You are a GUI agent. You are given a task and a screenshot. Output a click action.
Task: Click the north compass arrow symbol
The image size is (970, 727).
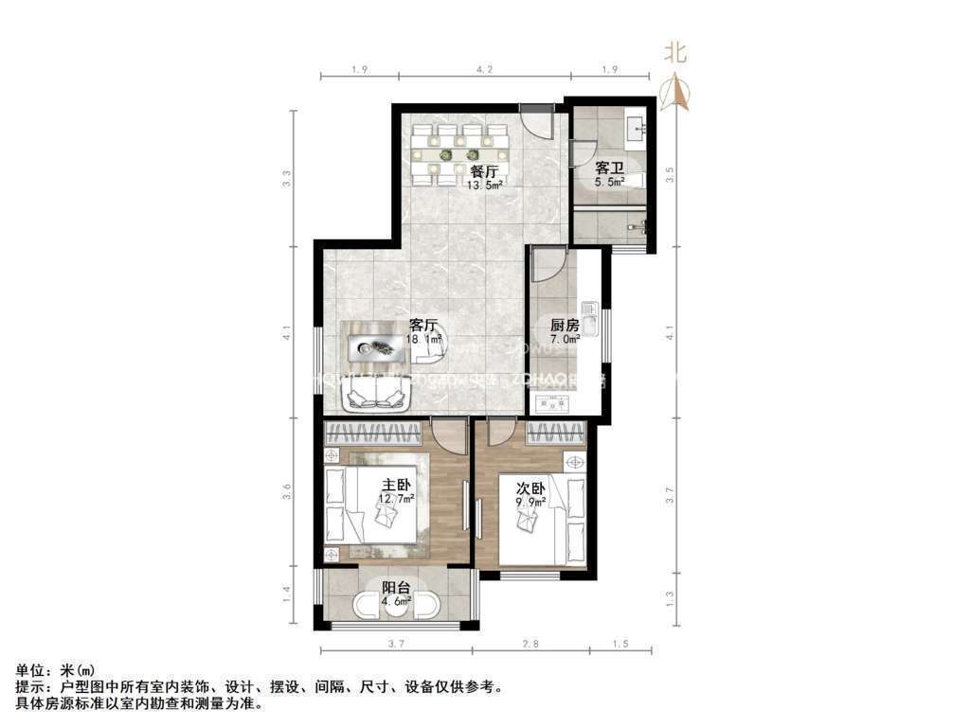pos(676,93)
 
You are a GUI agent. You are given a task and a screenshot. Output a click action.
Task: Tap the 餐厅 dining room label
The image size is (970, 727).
pos(484,171)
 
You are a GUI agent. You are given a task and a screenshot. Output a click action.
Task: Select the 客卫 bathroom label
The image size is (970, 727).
pos(609,168)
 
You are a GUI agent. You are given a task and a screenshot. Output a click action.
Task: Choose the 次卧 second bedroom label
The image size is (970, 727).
pos(530,489)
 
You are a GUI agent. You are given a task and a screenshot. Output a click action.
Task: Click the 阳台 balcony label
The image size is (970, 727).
pos(396,586)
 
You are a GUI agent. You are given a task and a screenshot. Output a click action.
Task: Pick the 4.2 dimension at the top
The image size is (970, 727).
pos(484,68)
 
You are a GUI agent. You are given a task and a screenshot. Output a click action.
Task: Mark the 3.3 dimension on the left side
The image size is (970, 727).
pos(287,177)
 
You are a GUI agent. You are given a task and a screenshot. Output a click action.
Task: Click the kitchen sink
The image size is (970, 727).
pos(588,320)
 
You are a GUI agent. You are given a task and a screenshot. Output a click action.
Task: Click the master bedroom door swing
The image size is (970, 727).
pos(448,434)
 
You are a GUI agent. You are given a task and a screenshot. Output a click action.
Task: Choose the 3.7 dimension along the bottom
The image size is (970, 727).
pos(396,644)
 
